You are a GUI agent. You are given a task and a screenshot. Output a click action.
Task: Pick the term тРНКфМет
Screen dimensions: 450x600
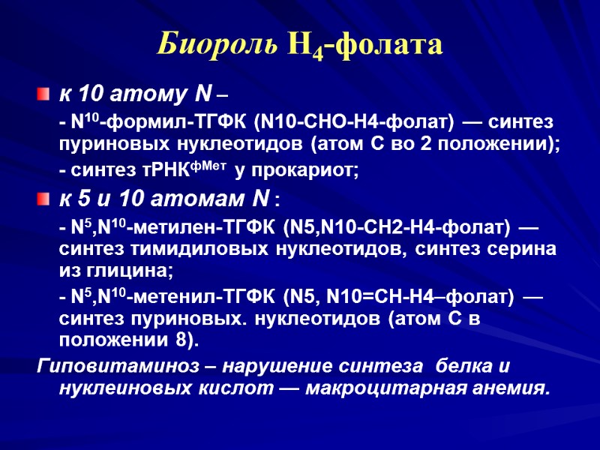tap(188, 171)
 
